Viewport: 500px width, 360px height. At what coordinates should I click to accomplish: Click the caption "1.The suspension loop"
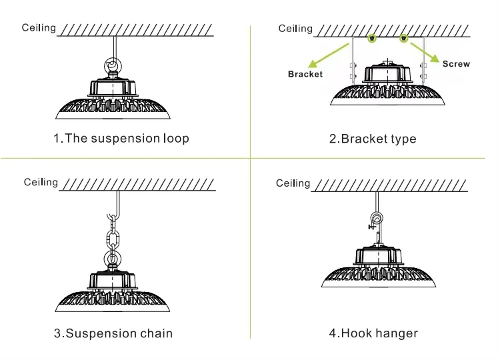pyautogui.click(x=121, y=139)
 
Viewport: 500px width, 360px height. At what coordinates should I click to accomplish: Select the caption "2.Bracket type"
pyautogui.click(x=373, y=139)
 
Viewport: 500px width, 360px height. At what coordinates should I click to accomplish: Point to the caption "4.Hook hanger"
pyautogui.click(x=373, y=333)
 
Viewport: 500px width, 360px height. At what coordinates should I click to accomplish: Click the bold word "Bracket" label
pyautogui.click(x=305, y=74)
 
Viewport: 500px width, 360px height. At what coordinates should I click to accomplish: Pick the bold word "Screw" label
pyautogui.click(x=456, y=64)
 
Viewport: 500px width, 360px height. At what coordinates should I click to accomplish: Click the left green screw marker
pyautogui.click(x=373, y=39)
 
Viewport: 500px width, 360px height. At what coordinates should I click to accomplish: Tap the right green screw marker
pyautogui.click(x=403, y=39)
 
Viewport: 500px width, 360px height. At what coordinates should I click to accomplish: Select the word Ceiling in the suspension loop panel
pyautogui.click(x=39, y=28)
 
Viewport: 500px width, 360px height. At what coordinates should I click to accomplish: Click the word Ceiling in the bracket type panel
pyautogui.click(x=295, y=28)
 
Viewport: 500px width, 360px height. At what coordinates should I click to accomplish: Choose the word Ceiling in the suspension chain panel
pyautogui.click(x=41, y=182)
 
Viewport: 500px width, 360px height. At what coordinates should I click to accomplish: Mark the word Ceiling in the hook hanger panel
pyautogui.click(x=293, y=183)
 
